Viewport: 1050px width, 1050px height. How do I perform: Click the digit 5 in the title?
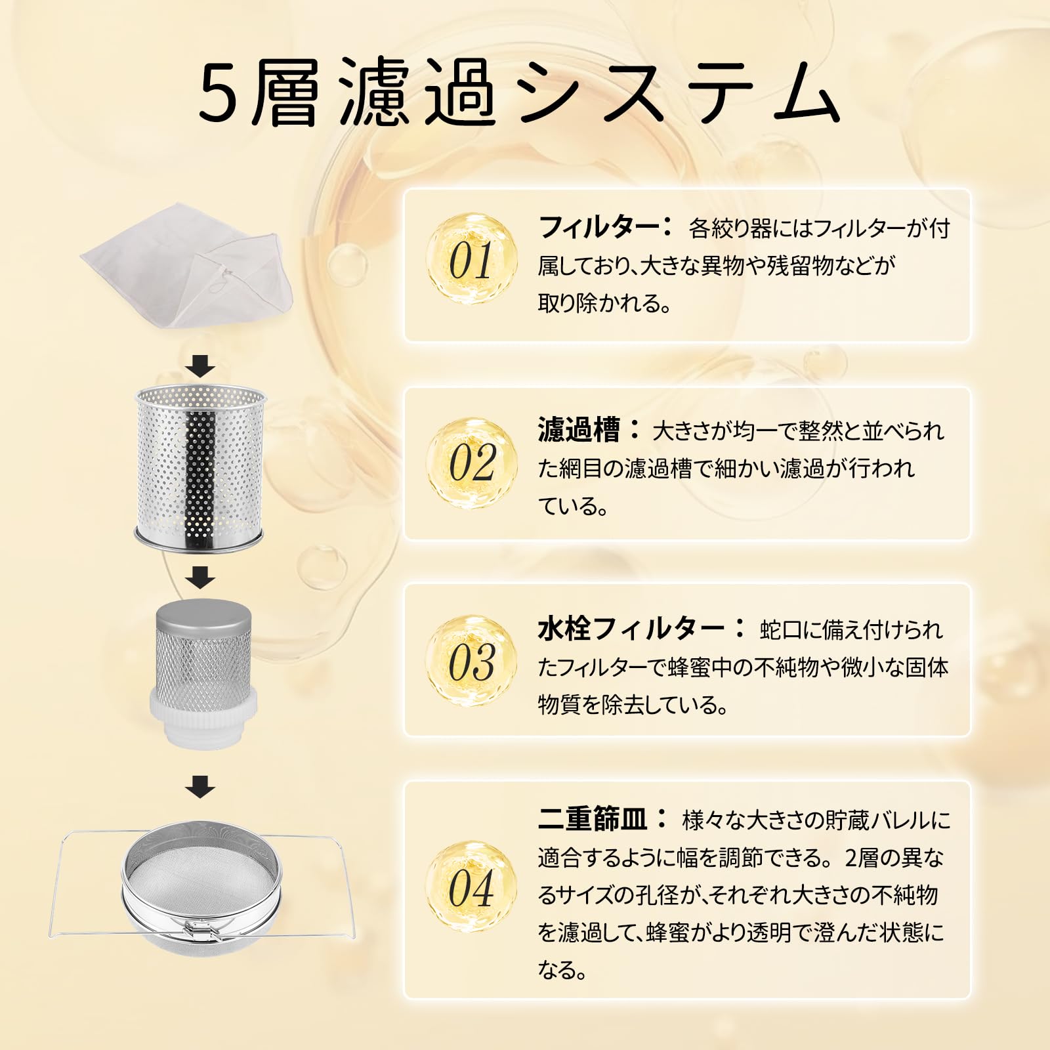[x=218, y=93]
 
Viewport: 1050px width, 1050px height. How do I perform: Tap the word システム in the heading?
[x=676, y=93]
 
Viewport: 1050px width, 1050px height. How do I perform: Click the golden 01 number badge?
[x=471, y=259]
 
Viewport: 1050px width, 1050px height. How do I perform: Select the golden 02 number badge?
[x=471, y=462]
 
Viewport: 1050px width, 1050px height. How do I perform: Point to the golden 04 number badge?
[x=471, y=888]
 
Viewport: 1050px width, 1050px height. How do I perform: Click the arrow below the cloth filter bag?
[x=200, y=366]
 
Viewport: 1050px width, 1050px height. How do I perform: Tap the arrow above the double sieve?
[x=200, y=786]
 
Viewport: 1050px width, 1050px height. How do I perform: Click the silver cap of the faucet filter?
[x=203, y=617]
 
